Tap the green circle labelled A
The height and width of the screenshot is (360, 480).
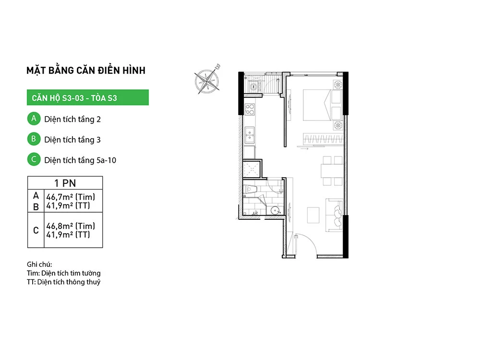point(34,119)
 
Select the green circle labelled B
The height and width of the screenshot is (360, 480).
point(34,139)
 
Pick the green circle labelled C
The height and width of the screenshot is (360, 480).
point(34,159)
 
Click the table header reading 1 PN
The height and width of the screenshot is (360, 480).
point(65,183)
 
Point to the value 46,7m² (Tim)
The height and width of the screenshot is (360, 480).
point(71,197)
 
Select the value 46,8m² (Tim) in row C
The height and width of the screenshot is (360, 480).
point(71,226)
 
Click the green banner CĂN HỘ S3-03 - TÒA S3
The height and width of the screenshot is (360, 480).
point(88,97)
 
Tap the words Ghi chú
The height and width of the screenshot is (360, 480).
point(39,264)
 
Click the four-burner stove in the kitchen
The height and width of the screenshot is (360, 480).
point(250,109)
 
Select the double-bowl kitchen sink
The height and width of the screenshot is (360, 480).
point(250,135)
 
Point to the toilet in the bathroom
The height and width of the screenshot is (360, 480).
point(250,190)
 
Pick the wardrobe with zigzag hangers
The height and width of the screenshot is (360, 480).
point(323,139)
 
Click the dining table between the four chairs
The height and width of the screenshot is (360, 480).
point(332,170)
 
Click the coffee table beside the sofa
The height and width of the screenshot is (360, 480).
point(313,215)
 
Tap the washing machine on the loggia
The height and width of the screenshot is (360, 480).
point(253,86)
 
